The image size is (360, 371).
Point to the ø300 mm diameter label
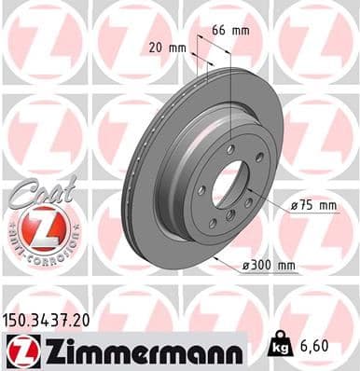click(270, 267)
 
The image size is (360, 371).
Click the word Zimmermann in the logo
click(135, 349)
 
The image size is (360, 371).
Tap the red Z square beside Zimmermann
click(18, 350)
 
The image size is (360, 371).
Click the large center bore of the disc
click(228, 183)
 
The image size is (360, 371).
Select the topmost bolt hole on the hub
click(228, 149)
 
